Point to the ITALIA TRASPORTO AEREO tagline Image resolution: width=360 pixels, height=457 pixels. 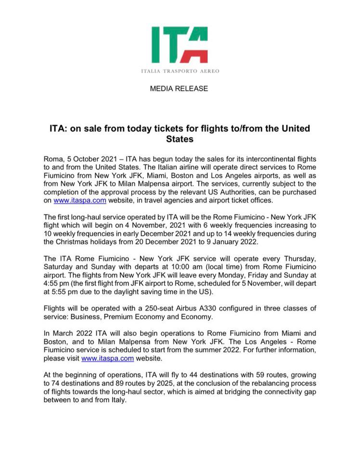(180, 71)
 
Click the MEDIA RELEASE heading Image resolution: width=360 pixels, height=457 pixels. (179, 89)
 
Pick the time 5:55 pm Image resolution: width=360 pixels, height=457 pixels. (65, 292)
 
